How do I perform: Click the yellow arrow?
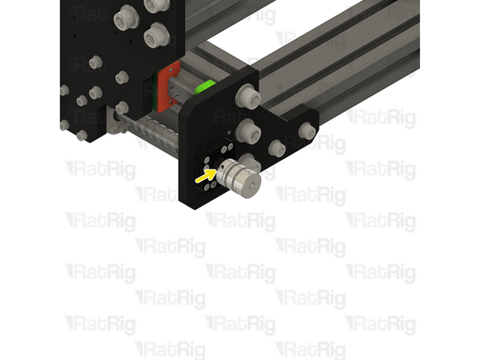(x=204, y=174)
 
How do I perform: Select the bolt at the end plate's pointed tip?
(x=306, y=132)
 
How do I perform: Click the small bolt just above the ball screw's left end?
(x=122, y=107)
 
